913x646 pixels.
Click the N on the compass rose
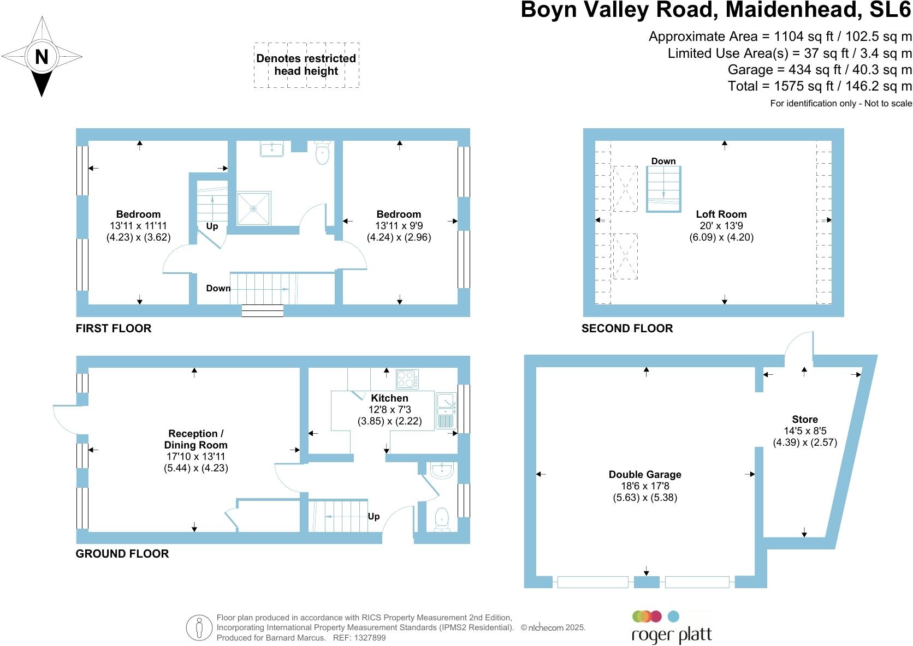pos(41,56)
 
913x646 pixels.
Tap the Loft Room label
pos(721,214)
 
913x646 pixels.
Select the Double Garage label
pos(645,475)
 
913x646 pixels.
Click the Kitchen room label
pos(389,398)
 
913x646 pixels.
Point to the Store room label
pos(805,420)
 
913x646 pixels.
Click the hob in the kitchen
pos(407,378)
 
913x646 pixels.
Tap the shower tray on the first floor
pos(253,208)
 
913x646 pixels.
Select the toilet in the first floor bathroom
pos(323,152)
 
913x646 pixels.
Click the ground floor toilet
pos(441,520)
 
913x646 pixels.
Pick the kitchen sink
pos(446,410)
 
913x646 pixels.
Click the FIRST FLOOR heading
pos(114,328)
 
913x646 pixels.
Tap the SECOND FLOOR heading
pos(627,328)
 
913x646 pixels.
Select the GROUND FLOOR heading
pos(122,554)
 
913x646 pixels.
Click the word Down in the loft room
pos(663,161)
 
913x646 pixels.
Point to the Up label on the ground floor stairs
pos(373,516)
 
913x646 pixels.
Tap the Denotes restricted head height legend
pos(306,65)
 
